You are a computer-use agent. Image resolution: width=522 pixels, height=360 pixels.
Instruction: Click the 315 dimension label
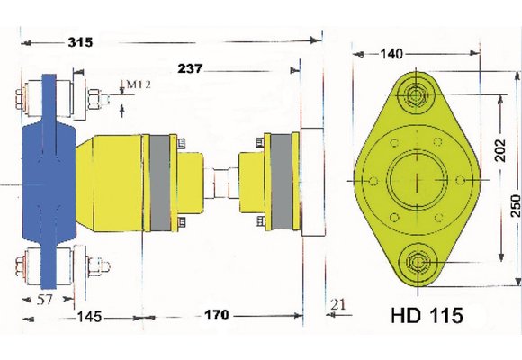(83, 42)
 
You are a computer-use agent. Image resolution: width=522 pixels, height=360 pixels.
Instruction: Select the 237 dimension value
(195, 68)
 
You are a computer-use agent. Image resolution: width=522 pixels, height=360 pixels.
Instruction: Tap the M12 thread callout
(136, 85)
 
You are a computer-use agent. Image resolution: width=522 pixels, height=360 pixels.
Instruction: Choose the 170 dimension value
(216, 316)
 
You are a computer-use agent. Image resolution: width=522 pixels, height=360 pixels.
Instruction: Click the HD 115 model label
(427, 316)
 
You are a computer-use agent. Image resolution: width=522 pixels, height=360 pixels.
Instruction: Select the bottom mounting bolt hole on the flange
(416, 264)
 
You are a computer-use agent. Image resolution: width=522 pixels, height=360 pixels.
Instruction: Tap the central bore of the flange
(416, 179)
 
